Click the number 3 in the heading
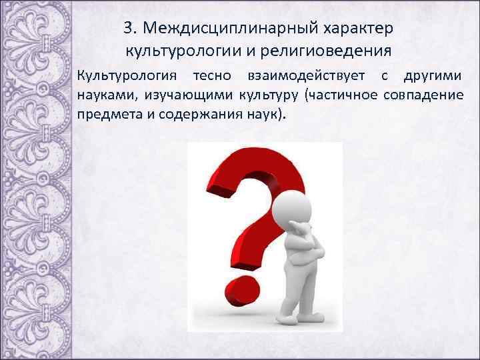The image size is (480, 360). [129, 29]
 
